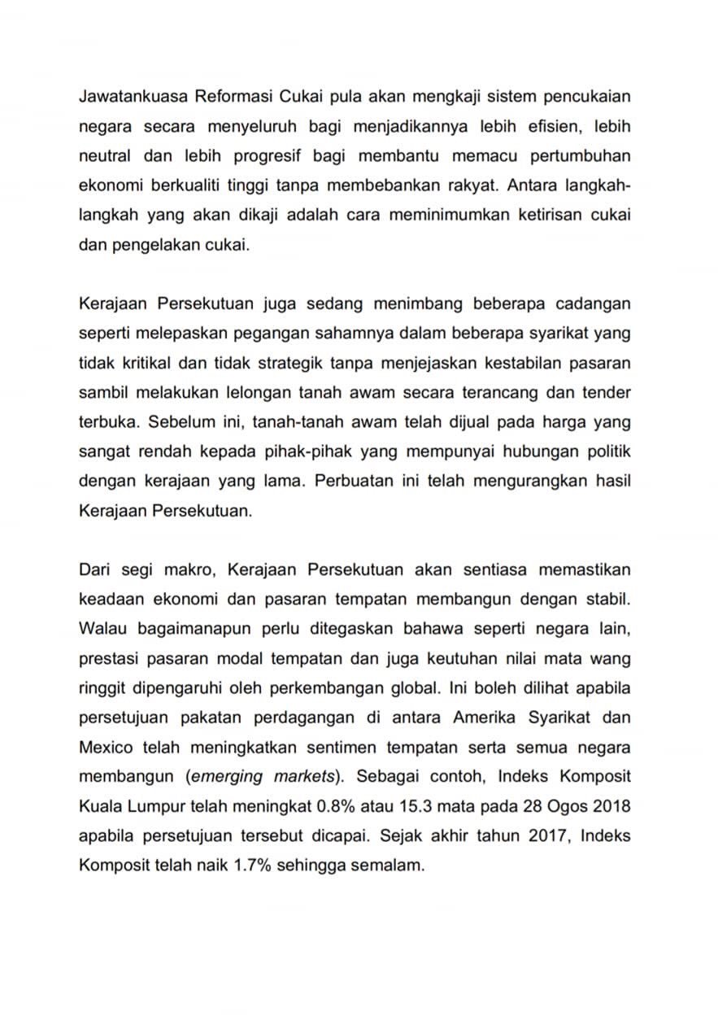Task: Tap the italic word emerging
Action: pos(227,777)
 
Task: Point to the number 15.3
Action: pos(415,806)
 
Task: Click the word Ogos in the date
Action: pos(564,806)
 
